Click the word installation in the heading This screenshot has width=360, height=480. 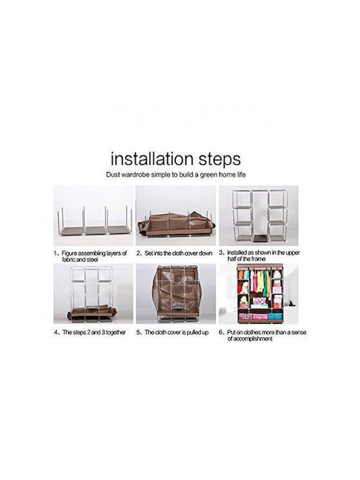[x=152, y=159]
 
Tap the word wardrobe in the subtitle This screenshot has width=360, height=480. [x=135, y=175]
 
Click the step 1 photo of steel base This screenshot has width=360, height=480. [x=93, y=215]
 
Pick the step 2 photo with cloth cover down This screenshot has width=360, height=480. [x=176, y=215]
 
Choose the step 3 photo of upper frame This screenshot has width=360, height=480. [x=259, y=215]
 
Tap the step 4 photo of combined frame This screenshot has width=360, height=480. [x=93, y=293]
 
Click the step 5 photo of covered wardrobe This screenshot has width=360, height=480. [x=176, y=293]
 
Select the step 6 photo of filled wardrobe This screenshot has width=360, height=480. [x=259, y=293]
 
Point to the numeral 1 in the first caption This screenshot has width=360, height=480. [x=55, y=253]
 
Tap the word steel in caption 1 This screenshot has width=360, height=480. [x=92, y=259]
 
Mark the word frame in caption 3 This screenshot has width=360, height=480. [x=258, y=259]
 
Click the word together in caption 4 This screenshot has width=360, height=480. [x=114, y=333]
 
